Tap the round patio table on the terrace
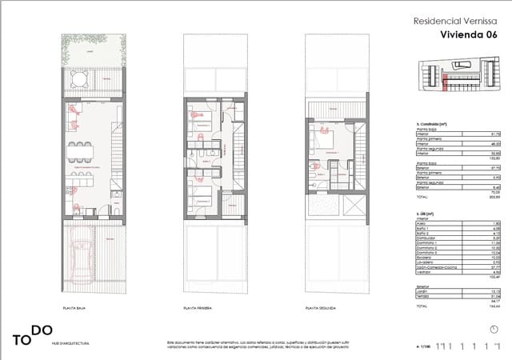point(78,80)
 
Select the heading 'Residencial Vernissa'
point(451,22)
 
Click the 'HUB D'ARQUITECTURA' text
point(70,342)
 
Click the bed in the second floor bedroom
point(327,141)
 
